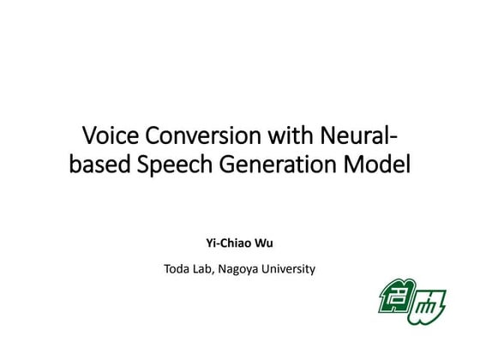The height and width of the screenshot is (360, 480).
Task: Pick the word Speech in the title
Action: tap(172, 164)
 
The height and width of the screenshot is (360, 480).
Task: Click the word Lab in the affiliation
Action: tap(205, 269)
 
